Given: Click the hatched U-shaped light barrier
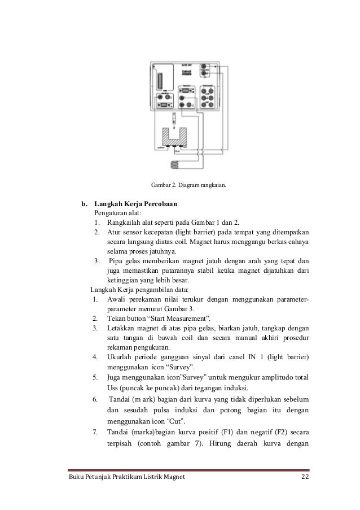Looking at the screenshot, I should click(x=176, y=137).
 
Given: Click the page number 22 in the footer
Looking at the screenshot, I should click(x=305, y=480).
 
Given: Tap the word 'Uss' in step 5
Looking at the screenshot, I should click(x=113, y=388).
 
